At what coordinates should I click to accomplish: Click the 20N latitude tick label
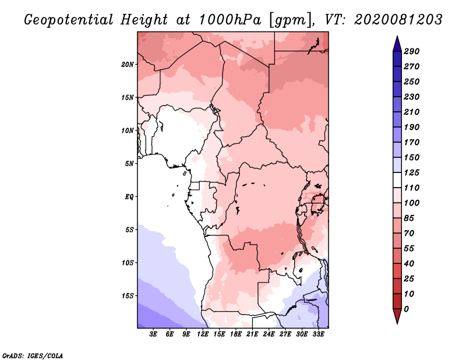click(x=128, y=65)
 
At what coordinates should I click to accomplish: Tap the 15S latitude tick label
click(x=128, y=296)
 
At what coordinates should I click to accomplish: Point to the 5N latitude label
click(x=129, y=164)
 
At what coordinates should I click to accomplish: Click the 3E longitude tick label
click(x=153, y=334)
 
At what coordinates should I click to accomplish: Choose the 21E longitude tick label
click(x=252, y=334)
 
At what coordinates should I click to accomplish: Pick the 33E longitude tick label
click(x=318, y=334)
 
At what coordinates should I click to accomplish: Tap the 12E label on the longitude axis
click(x=203, y=334)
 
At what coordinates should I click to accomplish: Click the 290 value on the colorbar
click(x=412, y=51)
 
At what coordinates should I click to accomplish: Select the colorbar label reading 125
click(x=412, y=172)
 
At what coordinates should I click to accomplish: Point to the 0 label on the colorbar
click(x=406, y=309)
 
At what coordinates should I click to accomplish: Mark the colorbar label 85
click(x=409, y=218)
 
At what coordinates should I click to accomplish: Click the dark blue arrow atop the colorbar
click(x=397, y=44)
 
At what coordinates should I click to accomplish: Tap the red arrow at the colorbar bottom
click(x=397, y=316)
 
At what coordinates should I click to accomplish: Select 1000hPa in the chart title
click(x=230, y=20)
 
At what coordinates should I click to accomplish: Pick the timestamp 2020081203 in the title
click(x=398, y=20)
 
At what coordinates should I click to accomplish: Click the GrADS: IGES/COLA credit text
click(x=33, y=356)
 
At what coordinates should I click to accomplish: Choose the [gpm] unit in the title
click(x=291, y=20)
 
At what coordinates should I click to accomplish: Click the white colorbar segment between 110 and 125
click(x=397, y=180)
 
